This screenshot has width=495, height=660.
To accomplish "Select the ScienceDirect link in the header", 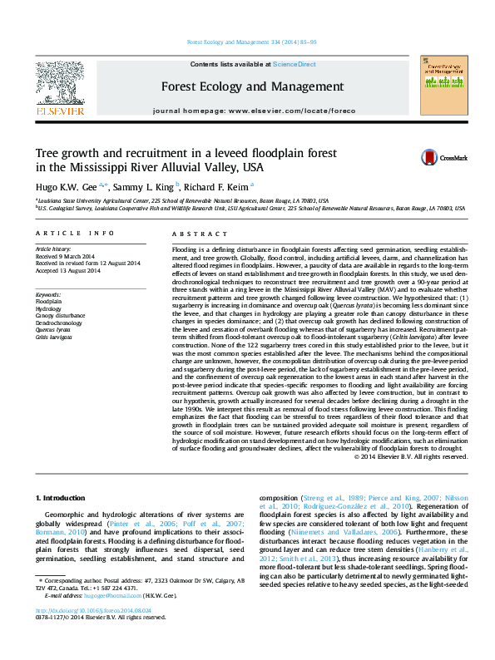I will [x=295, y=64].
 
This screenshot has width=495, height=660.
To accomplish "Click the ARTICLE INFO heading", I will [x=75, y=234].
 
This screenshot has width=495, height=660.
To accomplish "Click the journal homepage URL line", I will [x=249, y=111].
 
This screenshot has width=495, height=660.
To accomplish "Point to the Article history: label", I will [x=54, y=249].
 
